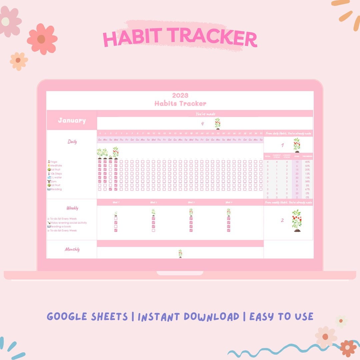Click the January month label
pos(72,120)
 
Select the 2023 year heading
pos(180,96)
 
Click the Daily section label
pos(72,142)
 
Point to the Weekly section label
pos(72,208)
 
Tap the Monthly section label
pos(72,249)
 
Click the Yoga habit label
pos(53,162)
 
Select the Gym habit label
pos(53,181)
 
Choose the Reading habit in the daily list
pos(56,189)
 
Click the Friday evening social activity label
pos(68,223)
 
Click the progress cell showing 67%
pos(307,189)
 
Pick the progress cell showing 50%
pos(307,166)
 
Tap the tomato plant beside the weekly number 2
pos(296,220)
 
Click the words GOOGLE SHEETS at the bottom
pos(87,317)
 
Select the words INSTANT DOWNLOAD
pos(188,317)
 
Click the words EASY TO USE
pos(281,317)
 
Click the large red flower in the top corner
pos(42,39)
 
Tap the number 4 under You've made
pos(202,124)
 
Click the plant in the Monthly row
pos(180,253)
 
